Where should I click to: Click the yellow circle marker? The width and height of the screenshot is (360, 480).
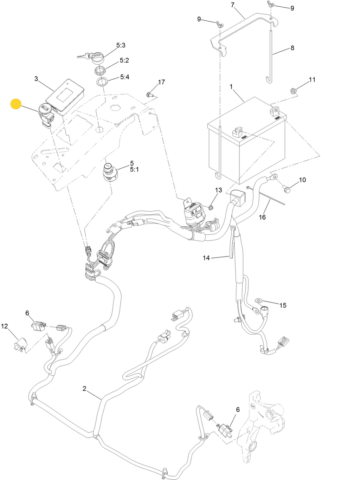click(x=16, y=104)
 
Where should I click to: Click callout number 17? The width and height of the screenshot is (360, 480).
click(x=161, y=82)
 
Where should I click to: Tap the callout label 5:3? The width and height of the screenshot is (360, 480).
click(x=121, y=45)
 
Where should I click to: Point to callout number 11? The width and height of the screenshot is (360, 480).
click(x=312, y=80)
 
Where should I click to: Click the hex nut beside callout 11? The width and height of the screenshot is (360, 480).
click(x=293, y=91)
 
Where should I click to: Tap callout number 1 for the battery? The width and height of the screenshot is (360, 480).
click(x=231, y=86)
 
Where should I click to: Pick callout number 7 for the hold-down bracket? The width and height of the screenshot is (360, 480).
click(x=232, y=5)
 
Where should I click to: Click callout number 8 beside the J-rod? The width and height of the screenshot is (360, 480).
click(x=292, y=48)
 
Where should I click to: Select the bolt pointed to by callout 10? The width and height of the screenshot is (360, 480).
click(x=287, y=190)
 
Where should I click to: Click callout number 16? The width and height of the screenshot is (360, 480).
click(x=262, y=217)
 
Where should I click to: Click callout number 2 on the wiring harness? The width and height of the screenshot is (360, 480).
click(x=84, y=388)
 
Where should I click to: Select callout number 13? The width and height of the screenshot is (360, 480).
click(x=219, y=190)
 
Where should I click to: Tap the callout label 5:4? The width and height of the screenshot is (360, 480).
click(x=125, y=77)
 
